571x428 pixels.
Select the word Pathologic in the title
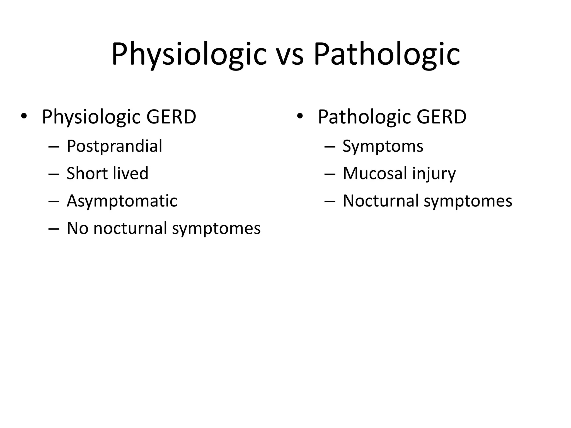coord(386,54)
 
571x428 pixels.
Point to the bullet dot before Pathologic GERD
coord(300,116)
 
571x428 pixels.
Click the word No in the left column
coord(78,228)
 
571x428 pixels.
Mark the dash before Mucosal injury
coord(330,174)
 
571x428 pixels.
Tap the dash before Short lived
coord(54,174)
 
